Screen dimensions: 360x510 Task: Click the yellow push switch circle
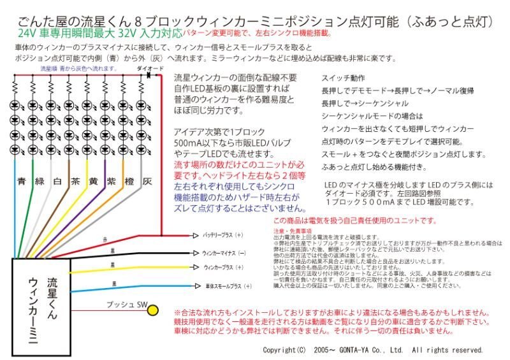[153, 310]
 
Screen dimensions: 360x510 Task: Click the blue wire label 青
[22, 181]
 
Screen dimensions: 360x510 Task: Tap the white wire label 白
[58, 181]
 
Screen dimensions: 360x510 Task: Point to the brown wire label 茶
[76, 181]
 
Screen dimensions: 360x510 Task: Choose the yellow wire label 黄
[94, 181]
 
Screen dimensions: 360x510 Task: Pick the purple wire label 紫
[112, 181]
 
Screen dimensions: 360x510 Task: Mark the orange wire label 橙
[129, 181]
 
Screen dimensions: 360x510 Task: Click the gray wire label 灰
[147, 181]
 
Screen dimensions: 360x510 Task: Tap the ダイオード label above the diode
[149, 67]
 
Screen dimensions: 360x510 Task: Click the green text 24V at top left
[27, 32]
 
